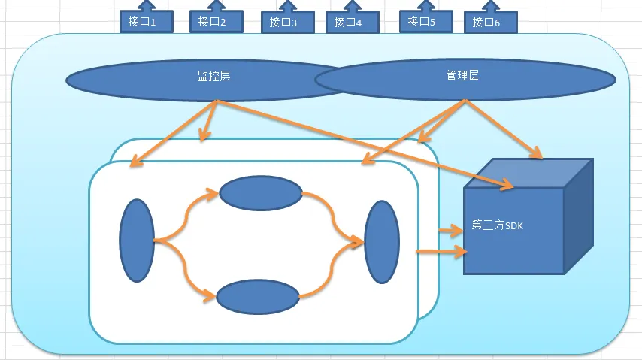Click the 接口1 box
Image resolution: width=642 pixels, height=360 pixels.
[x=146, y=22]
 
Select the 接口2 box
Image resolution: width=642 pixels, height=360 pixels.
[x=216, y=22]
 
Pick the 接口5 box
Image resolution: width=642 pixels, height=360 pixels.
[x=425, y=22]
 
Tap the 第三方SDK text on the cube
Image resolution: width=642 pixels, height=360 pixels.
[x=496, y=225]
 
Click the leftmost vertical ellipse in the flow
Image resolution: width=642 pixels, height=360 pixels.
[x=136, y=241]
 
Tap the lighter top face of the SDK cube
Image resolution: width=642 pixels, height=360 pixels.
[x=526, y=174]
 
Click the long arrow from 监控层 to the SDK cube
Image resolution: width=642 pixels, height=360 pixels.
[x=361, y=143]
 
